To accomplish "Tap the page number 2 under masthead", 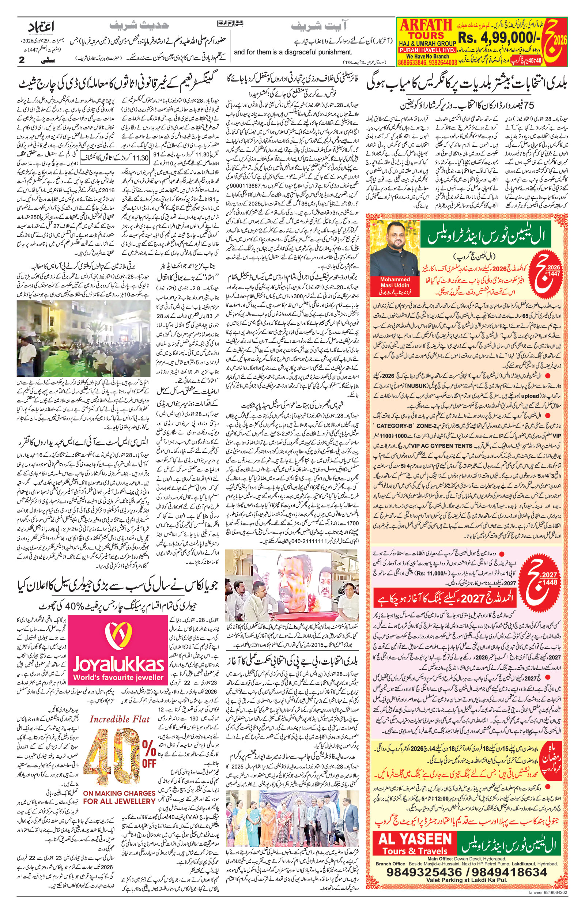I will (22, 60).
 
